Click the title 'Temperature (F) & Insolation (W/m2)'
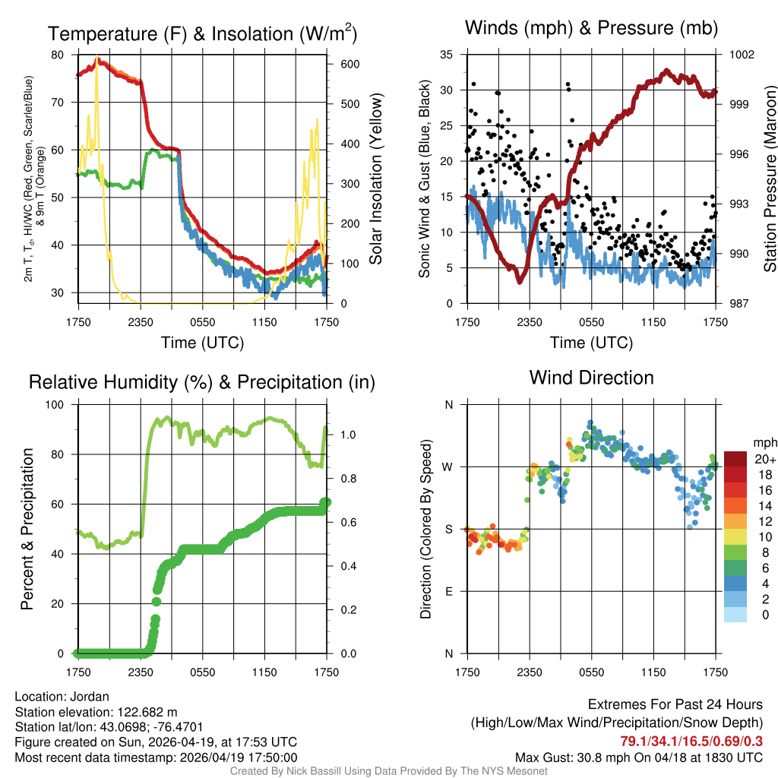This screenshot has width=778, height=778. click(x=202, y=33)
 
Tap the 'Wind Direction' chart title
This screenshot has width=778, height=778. click(x=591, y=378)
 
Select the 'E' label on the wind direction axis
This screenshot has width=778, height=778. click(x=448, y=591)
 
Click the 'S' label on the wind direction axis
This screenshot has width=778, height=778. click(x=448, y=529)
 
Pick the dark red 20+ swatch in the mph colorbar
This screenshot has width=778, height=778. click(x=735, y=459)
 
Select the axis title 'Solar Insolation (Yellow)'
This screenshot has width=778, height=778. click(x=375, y=179)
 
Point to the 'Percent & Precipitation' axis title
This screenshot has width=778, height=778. click(x=27, y=529)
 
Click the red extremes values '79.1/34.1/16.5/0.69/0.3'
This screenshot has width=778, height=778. click(x=691, y=741)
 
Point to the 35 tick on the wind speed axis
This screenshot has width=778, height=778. click(x=448, y=55)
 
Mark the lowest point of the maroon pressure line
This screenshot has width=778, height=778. click(x=520, y=282)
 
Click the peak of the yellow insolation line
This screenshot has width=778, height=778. click(x=96, y=58)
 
